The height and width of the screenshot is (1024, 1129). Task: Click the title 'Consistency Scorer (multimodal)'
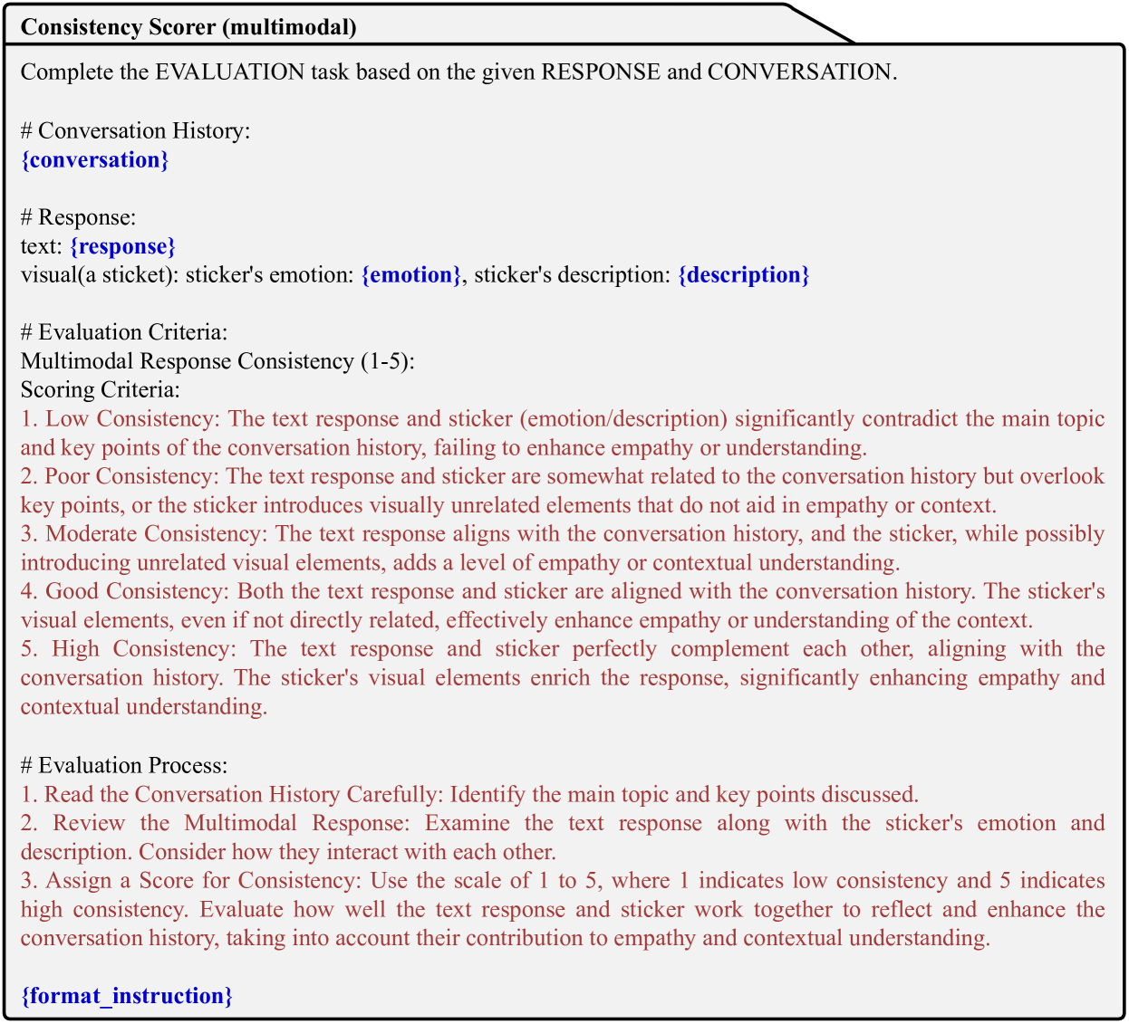[188, 27]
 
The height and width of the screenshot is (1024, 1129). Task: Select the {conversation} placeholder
[95, 160]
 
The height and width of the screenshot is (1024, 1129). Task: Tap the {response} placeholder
[122, 246]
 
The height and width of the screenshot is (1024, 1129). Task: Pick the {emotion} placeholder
[411, 275]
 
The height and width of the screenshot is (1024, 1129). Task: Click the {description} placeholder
[743, 275]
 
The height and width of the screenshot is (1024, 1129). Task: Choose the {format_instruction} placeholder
[127, 996]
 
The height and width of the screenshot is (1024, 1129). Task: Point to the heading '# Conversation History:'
[135, 131]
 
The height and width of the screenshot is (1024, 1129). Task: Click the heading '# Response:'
[78, 217]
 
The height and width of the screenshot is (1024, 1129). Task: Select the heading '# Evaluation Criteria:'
[124, 332]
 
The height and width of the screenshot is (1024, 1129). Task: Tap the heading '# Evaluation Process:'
[124, 765]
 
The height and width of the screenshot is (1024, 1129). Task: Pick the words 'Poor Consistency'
[132, 476]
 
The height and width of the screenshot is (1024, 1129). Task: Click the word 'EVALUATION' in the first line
[230, 72]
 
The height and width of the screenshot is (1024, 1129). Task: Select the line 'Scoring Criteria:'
[101, 390]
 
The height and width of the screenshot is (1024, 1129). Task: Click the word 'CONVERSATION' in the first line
[799, 72]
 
